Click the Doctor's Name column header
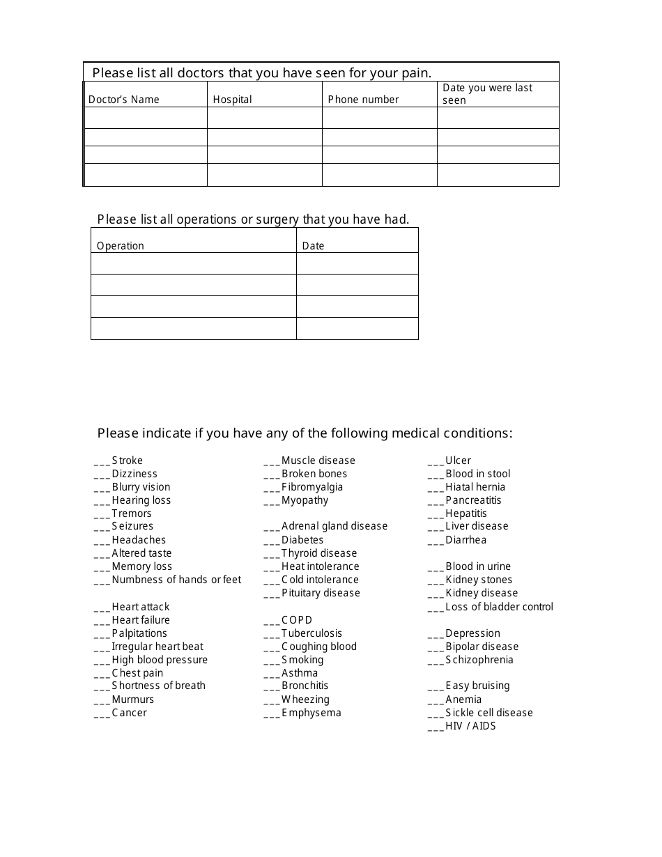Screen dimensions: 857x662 pyautogui.click(x=123, y=100)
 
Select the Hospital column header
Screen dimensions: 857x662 pyautogui.click(x=232, y=100)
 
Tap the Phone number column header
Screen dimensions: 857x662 pyautogui.click(x=363, y=100)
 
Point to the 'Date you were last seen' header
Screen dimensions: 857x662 pyautogui.click(x=487, y=94)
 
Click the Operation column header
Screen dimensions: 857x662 pyautogui.click(x=120, y=246)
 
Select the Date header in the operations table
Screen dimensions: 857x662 pyautogui.click(x=313, y=246)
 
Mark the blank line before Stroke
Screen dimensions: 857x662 pyautogui.click(x=102, y=462)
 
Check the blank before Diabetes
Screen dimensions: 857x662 pyautogui.click(x=272, y=541)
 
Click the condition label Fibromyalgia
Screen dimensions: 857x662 pyautogui.click(x=312, y=487)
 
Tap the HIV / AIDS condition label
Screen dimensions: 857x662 pyautogui.click(x=470, y=726)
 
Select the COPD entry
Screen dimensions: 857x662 pyautogui.click(x=297, y=620)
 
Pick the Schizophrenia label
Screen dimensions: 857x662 pyautogui.click(x=479, y=660)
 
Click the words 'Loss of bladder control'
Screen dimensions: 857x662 pyautogui.click(x=499, y=607)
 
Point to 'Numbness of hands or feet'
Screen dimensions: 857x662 pyautogui.click(x=176, y=580)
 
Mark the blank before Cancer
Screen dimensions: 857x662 pyautogui.click(x=102, y=714)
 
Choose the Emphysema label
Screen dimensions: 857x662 pyautogui.click(x=311, y=713)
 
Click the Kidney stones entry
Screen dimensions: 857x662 pyautogui.click(x=479, y=580)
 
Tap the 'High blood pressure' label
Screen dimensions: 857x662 pyautogui.click(x=160, y=660)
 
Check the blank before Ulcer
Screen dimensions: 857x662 pyautogui.click(x=436, y=462)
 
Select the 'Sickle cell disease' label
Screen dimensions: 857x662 pyautogui.click(x=489, y=713)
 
